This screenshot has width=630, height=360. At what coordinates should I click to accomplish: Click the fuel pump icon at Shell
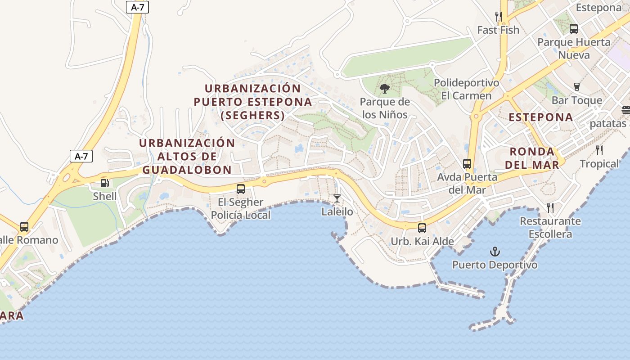104,183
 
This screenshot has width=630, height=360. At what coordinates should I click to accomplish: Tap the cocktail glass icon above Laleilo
337,198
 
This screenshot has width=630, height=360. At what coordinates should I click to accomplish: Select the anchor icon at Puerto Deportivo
495,252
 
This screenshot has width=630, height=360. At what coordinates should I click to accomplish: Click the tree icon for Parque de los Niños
384,88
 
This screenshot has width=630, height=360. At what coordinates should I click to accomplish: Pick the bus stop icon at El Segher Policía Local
241,189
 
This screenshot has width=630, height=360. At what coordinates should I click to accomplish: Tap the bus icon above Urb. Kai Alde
422,228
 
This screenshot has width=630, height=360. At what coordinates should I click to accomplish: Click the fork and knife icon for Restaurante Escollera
550,207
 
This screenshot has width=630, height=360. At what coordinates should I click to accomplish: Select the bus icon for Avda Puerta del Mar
467,164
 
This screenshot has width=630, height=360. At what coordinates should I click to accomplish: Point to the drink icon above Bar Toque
577,87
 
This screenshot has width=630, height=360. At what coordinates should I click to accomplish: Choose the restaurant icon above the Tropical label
599,150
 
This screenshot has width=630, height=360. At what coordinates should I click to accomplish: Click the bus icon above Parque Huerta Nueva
574,29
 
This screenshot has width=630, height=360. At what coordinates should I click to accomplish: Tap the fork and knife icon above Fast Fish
498,17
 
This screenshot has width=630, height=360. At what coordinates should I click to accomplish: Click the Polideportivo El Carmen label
466,89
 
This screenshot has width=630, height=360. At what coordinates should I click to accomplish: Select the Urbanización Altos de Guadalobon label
187,156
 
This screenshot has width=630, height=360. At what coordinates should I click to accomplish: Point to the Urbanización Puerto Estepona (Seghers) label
253,102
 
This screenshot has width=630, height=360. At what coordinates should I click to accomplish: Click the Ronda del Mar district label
532,157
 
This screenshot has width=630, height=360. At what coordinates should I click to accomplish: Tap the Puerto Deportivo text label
495,265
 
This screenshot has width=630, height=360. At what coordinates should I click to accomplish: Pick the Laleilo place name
337,211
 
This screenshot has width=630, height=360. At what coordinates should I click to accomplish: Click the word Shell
104,196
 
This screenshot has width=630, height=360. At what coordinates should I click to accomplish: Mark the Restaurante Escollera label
550,228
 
